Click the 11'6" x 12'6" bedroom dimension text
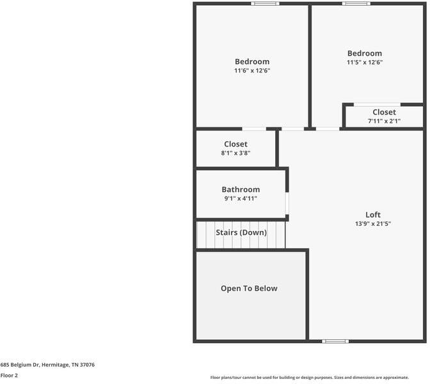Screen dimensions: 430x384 (252, 70)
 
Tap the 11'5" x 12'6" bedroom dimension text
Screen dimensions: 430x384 (365, 62)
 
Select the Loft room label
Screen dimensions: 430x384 (373, 214)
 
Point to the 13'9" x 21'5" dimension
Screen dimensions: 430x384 (373, 223)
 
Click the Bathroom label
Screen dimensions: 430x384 (241, 189)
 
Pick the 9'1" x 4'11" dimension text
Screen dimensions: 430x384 (241, 198)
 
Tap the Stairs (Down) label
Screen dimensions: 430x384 (241, 232)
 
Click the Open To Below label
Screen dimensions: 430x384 (249, 288)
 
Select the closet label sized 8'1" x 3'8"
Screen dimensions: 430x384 (236, 144)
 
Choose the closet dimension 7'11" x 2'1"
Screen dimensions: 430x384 (384, 121)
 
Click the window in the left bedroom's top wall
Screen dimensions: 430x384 (265, 4)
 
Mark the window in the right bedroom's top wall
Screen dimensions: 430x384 (356, 4)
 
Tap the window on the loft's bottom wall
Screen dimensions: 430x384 (335, 341)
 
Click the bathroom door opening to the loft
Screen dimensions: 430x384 (287, 204)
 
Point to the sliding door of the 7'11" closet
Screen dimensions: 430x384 (377, 104)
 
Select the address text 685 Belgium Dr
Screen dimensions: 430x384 (20, 365)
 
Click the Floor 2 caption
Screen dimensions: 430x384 (9, 376)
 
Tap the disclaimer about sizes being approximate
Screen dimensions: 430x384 (309, 378)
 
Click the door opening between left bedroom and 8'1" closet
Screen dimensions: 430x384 (254, 129)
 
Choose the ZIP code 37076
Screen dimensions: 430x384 (87, 365)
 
